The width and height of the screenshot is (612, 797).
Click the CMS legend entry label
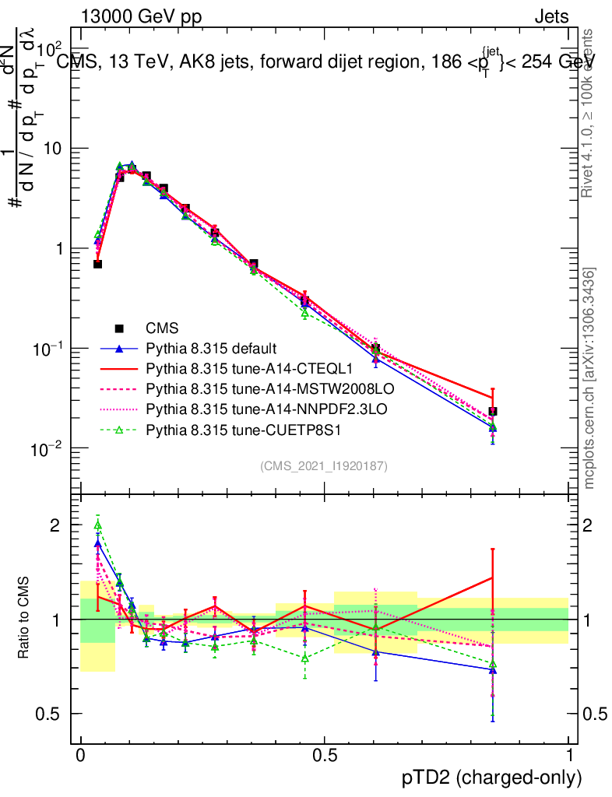pos(164,329)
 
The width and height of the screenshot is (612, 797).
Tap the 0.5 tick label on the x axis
pos(324,755)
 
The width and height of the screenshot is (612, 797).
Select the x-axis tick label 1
pos(568,755)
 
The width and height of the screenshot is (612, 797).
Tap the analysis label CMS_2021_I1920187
pos(324,465)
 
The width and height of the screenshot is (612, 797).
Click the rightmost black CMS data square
pos(493,411)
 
